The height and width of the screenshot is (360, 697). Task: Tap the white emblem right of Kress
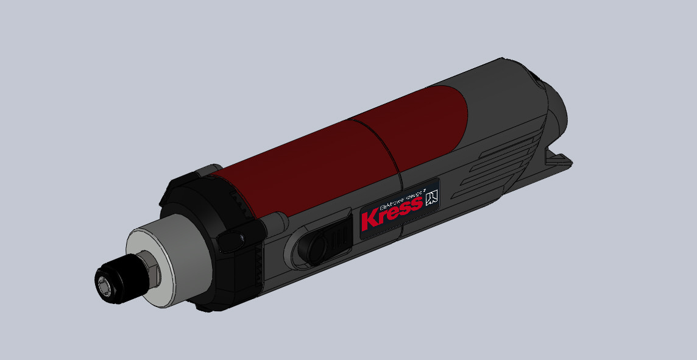[432, 199]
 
